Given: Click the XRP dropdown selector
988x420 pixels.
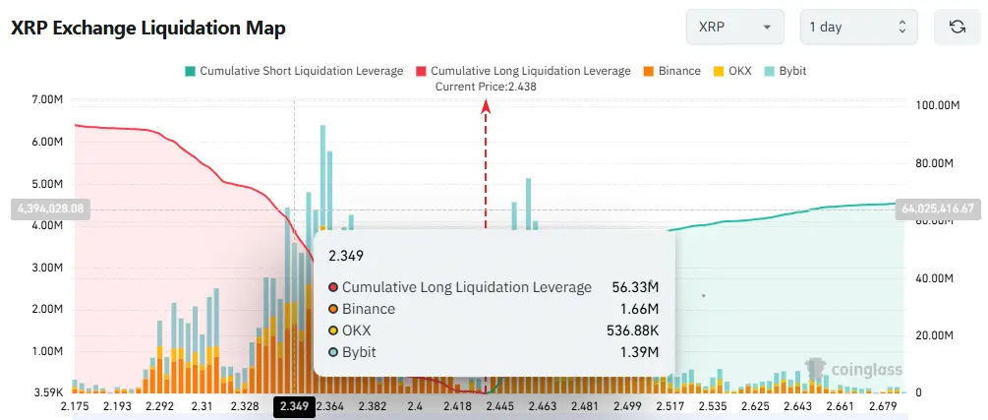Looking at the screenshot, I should [x=734, y=27].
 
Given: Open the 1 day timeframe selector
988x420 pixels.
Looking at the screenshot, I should [x=858, y=27].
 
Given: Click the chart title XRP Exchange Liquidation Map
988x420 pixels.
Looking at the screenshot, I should [x=148, y=29].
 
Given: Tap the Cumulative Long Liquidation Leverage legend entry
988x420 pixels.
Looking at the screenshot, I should [x=523, y=71].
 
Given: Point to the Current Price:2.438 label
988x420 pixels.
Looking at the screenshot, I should [x=486, y=87].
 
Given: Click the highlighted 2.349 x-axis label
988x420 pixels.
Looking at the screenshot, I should [x=294, y=406].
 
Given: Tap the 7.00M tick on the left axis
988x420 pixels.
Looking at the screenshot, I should [x=47, y=100].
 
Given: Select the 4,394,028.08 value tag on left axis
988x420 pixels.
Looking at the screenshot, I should [x=47, y=209].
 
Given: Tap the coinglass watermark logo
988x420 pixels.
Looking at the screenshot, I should [x=840, y=370].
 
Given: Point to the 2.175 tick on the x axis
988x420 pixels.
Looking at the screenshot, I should [x=75, y=406].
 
